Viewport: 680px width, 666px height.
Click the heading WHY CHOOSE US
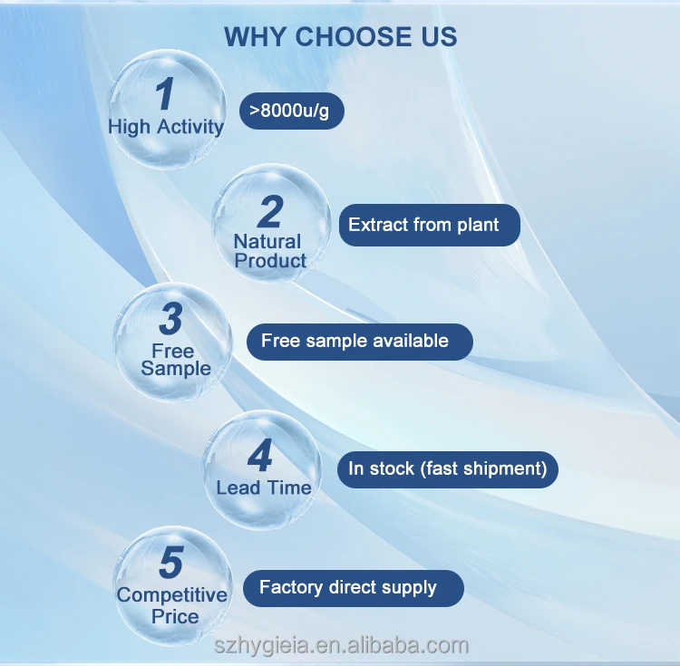pos(340,36)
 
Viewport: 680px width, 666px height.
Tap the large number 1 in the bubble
pos(164,95)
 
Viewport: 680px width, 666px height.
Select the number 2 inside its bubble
pos(269,212)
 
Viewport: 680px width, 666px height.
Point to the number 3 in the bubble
pos(170,319)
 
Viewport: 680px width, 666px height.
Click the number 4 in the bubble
pos(260,456)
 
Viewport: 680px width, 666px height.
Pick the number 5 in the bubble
pos(170,563)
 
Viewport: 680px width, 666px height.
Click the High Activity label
pos(165,127)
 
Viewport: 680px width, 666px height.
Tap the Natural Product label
pos(269,251)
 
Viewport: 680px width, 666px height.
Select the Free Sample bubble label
pos(174,360)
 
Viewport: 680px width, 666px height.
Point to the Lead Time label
pos(263,487)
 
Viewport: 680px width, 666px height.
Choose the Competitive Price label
pos(172,605)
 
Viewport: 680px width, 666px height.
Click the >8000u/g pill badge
pos(292,111)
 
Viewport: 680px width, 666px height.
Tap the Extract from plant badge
pos(429,225)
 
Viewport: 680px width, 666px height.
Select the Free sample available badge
pos(360,342)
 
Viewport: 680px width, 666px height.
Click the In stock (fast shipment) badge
pos(448,469)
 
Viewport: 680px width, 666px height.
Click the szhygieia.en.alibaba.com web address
pos(341,645)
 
